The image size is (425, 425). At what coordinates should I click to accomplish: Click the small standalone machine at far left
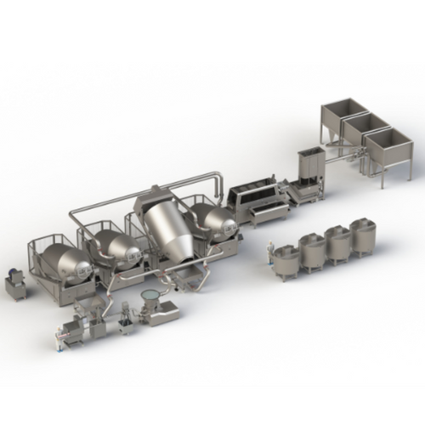(15, 285)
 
